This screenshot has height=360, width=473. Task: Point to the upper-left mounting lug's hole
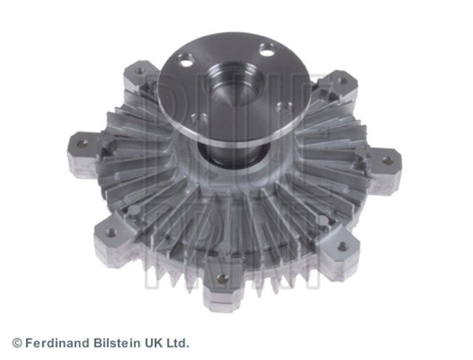139,72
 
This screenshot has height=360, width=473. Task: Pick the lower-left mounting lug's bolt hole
110,232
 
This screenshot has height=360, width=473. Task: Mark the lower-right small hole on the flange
280,108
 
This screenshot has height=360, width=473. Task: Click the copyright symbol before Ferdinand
17,343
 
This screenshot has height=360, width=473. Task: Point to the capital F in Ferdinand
29,343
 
